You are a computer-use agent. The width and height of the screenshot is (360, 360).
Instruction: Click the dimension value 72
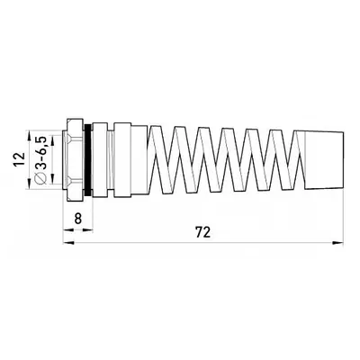[202, 232]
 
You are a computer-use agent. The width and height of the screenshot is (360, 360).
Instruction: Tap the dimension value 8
[77, 219]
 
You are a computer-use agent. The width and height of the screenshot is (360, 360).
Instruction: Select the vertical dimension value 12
[19, 159]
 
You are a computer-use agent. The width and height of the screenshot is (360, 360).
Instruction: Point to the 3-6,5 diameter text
[41, 152]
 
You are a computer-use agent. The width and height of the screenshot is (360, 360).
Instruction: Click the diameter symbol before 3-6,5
[40, 177]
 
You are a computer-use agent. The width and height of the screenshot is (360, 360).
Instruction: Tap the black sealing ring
[88, 159]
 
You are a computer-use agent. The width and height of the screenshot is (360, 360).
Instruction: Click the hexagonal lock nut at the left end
[74, 159]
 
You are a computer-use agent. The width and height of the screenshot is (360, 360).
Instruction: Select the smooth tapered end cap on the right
[324, 159]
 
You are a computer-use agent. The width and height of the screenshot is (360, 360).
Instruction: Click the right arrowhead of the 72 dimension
[338, 242]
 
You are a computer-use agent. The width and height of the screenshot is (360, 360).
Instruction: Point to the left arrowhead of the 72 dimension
[68, 242]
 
